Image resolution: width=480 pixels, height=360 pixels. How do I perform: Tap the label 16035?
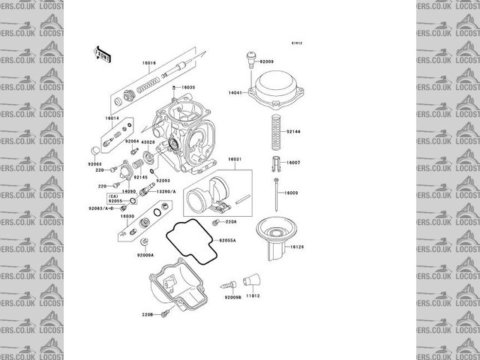coord(187,88)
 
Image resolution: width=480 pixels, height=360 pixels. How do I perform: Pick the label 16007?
coord(294,163)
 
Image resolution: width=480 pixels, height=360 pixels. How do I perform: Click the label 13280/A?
coord(166,192)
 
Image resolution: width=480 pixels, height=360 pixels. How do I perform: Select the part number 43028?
coord(148,142)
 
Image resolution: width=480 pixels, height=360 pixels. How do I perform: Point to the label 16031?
coord(234,159)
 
